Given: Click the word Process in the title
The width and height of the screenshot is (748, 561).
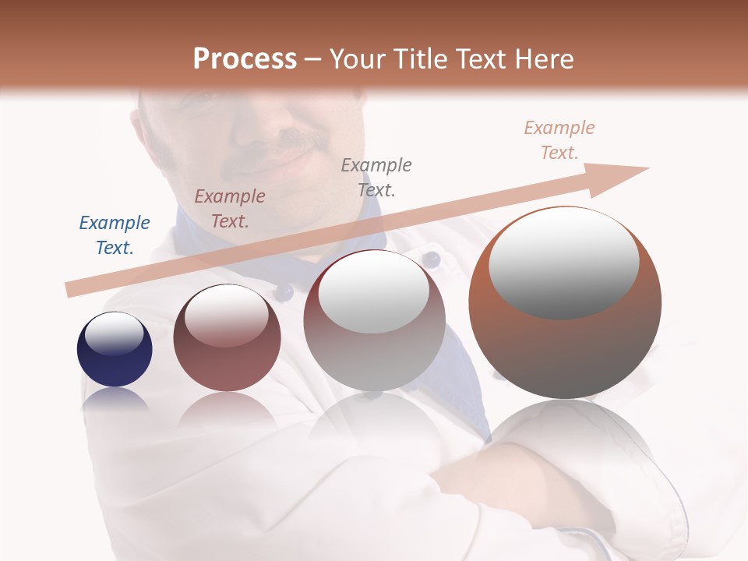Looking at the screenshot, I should pyautogui.click(x=245, y=59).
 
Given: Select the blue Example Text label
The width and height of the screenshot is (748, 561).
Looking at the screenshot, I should pyautogui.click(x=115, y=235).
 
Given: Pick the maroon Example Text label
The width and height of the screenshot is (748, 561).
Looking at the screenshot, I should pyautogui.click(x=230, y=209).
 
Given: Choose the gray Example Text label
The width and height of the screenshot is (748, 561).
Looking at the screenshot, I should pyautogui.click(x=376, y=177).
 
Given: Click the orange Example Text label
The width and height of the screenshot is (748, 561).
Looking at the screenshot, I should pyautogui.click(x=559, y=140).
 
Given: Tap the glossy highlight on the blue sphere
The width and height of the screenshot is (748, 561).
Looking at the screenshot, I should pyautogui.click(x=115, y=334).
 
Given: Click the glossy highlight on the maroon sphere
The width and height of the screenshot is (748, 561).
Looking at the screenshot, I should pyautogui.click(x=226, y=316).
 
